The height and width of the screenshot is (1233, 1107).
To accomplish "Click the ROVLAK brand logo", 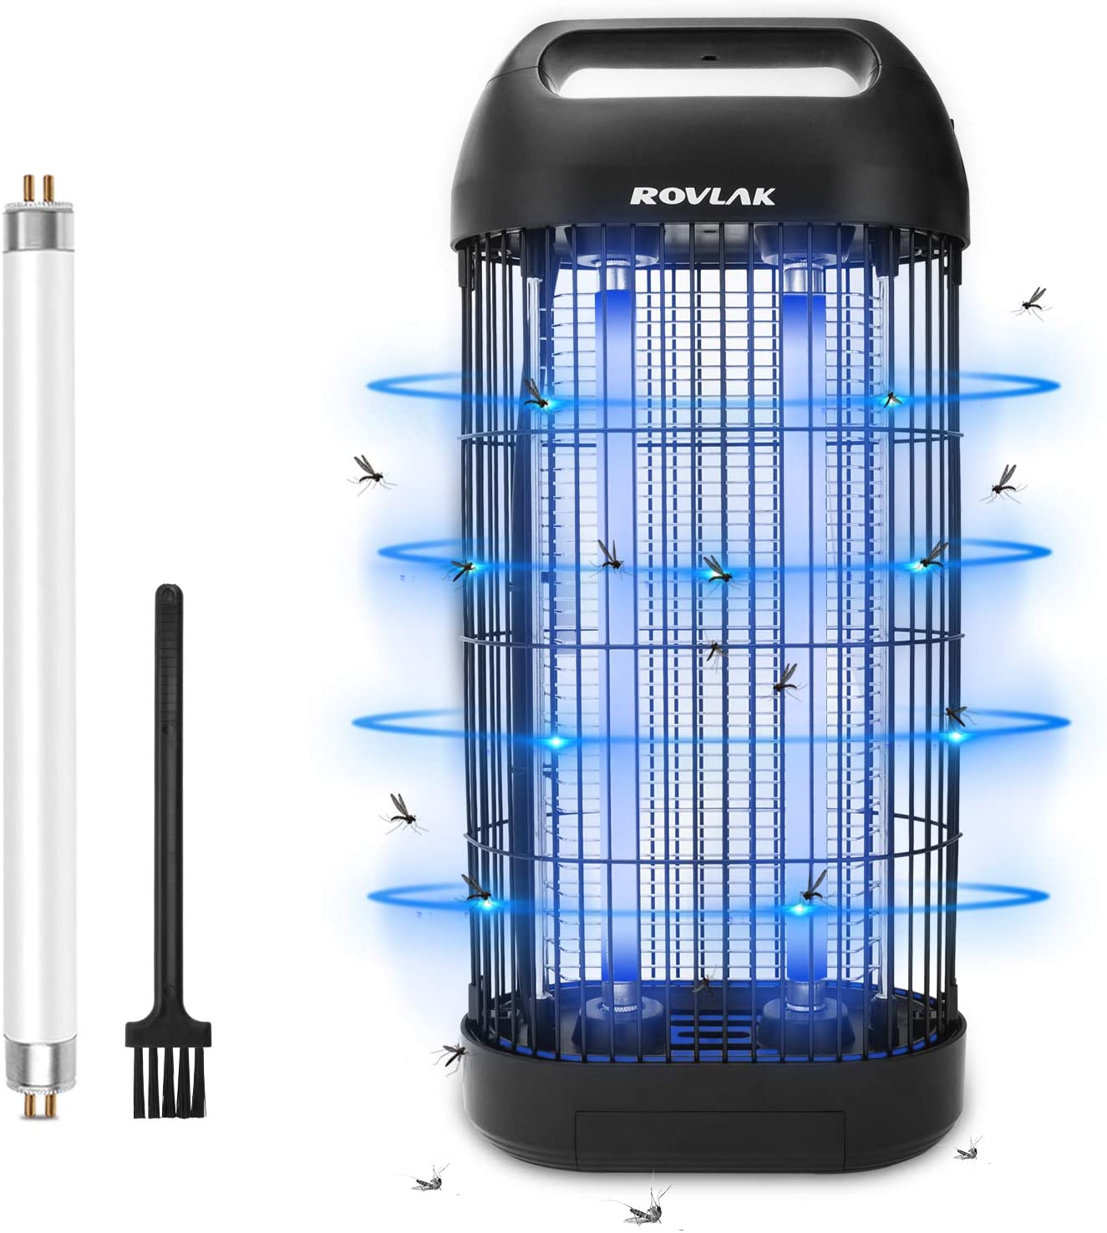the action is [x=703, y=196].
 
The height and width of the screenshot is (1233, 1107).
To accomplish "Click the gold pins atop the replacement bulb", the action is [x=39, y=189].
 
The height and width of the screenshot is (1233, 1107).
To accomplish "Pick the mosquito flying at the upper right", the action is [x=1031, y=302].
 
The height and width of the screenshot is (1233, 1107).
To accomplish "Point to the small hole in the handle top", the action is [x=708, y=59].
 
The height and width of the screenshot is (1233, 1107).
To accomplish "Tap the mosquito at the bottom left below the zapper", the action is [x=429, y=1181].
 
